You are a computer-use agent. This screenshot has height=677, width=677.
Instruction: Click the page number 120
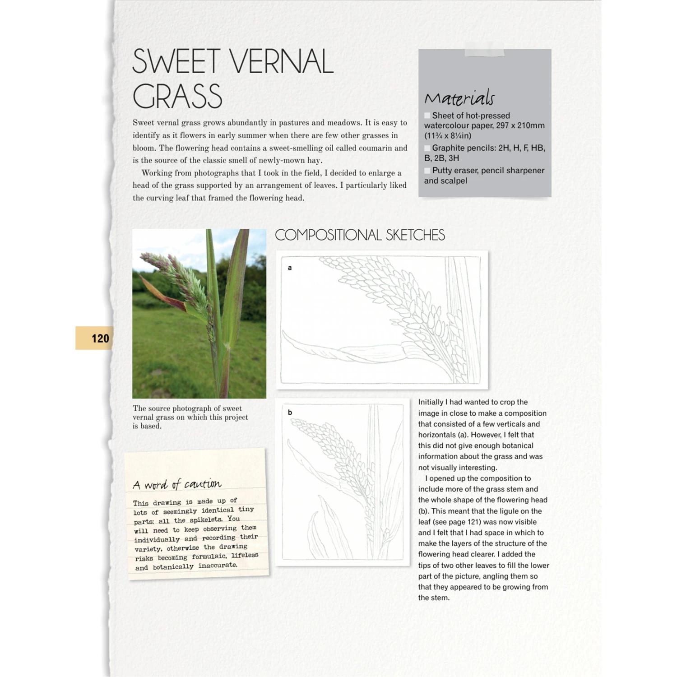tap(100, 338)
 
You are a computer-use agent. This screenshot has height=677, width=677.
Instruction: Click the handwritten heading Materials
tap(459, 98)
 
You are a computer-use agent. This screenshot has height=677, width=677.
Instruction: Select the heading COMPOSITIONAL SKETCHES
tap(360, 235)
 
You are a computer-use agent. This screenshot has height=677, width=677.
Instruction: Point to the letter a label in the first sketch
tap(290, 268)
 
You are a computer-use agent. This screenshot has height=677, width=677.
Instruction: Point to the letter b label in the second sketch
tap(290, 412)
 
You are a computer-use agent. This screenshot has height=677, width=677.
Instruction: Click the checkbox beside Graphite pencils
tap(427, 148)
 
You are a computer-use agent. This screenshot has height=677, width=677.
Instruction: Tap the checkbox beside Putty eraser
tap(427, 171)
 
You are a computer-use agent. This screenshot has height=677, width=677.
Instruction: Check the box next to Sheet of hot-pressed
tap(427, 116)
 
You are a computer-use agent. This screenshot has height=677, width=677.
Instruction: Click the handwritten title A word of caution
tap(177, 484)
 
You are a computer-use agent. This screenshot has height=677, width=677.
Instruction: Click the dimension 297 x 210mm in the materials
tap(520, 125)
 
